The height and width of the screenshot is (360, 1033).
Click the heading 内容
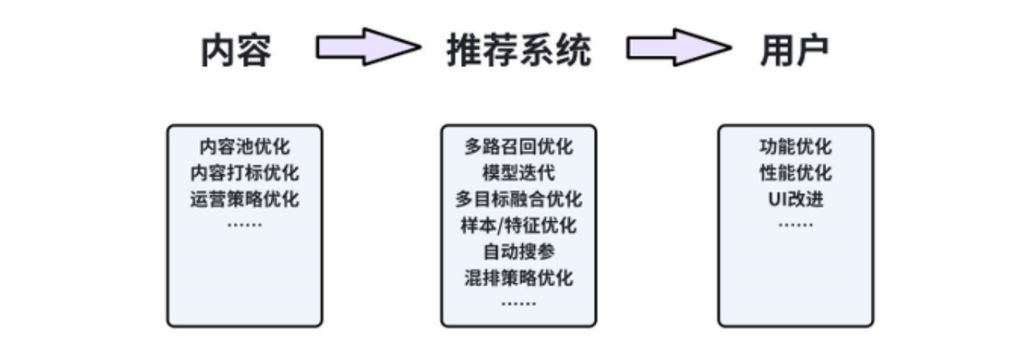tap(236, 51)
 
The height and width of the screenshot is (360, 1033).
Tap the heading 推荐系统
tap(518, 51)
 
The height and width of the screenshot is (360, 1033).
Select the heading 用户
tap(794, 51)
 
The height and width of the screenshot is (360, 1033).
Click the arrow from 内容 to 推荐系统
tap(368, 48)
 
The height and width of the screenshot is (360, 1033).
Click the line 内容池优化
tap(245, 148)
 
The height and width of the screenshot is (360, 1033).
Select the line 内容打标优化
tap(245, 174)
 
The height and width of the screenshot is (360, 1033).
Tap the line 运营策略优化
tap(245, 199)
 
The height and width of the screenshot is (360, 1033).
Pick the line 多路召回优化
tap(519, 148)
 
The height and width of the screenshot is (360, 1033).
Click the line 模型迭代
tap(519, 174)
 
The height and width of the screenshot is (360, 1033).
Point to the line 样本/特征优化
tap(519, 225)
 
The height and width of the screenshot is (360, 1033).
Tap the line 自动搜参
tap(519, 251)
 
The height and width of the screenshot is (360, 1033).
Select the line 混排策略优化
tap(519, 278)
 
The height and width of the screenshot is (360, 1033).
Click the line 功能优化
tap(796, 148)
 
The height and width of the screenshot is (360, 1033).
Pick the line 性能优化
tap(796, 174)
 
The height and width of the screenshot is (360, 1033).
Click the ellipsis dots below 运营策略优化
tap(245, 224)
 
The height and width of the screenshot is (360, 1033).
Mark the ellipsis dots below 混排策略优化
tap(519, 303)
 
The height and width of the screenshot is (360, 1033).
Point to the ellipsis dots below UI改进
tap(796, 224)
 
